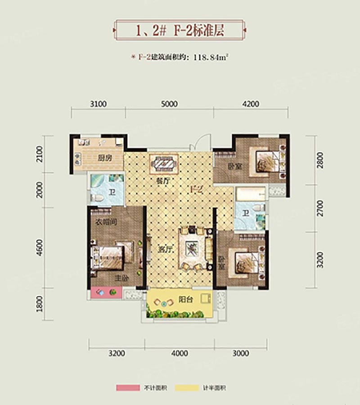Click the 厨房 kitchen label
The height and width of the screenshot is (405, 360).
click(x=105, y=158)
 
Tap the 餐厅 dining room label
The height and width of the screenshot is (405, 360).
click(x=163, y=181)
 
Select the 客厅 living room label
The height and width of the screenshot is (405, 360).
click(x=165, y=250)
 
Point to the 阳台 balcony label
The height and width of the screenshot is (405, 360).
click(x=186, y=300)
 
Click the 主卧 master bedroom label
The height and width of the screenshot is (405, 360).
click(x=122, y=278)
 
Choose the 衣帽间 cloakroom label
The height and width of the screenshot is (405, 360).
click(x=106, y=222)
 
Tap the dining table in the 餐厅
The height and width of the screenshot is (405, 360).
click(x=164, y=164)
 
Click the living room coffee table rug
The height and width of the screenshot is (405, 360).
click(x=192, y=249)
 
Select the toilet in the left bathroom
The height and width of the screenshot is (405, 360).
click(x=98, y=198)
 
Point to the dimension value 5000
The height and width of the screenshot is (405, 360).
click(x=169, y=104)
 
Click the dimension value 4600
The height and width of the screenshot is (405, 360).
click(x=40, y=248)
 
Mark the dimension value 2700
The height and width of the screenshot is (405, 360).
click(x=320, y=208)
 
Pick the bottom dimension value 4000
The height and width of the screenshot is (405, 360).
click(x=180, y=353)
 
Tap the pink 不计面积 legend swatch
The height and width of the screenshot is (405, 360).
click(x=128, y=387)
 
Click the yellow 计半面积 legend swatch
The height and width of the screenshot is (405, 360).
click(x=187, y=387)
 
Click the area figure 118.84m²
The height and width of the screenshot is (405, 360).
click(x=211, y=57)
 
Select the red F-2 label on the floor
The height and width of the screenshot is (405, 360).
click(x=197, y=189)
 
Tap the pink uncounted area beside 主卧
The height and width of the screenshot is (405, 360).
click(x=106, y=293)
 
